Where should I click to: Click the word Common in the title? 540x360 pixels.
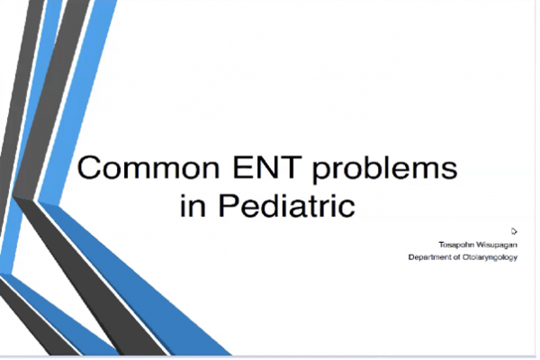[148, 167]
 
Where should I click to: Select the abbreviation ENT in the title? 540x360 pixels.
[267, 167]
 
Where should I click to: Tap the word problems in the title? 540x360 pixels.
[384, 170]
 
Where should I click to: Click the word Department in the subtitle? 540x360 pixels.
[430, 257]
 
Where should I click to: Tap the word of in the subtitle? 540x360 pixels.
[457, 257]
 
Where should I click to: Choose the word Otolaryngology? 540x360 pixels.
[490, 257]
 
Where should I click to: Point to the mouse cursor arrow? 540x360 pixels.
[514, 231]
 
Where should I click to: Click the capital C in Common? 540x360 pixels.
[88, 167]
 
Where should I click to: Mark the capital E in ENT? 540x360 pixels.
[242, 167]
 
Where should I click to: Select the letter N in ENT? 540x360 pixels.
[267, 167]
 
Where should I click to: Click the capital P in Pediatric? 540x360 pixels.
[228, 205]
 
